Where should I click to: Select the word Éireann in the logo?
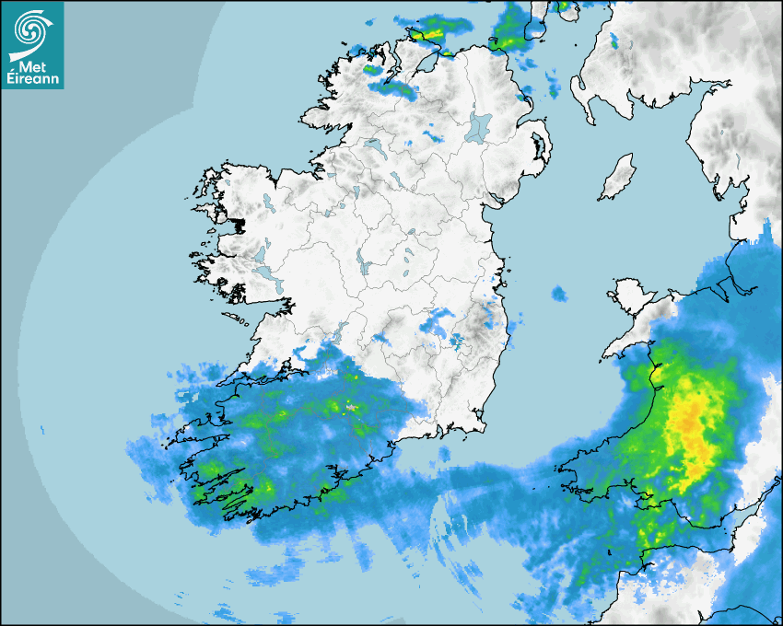click(x=33, y=79)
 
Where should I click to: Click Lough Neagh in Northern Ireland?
click(x=479, y=126)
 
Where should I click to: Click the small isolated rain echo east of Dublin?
click(x=559, y=295)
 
